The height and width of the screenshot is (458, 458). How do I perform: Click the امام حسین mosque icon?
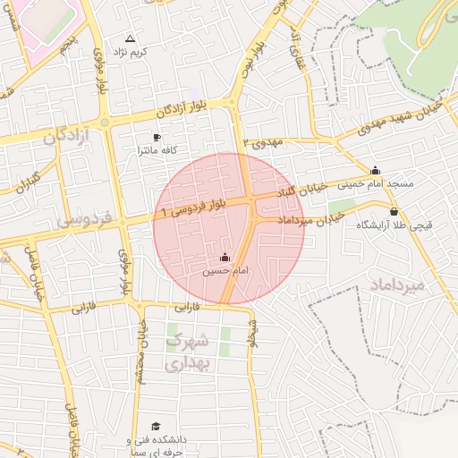[x=225, y=259]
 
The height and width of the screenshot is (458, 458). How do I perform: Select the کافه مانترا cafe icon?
[x=157, y=138]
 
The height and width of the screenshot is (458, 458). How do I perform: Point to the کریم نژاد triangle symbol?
[x=131, y=39]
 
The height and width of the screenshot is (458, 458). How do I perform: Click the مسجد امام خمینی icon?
[x=375, y=171]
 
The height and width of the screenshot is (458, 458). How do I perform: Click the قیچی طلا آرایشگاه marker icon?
[x=394, y=212]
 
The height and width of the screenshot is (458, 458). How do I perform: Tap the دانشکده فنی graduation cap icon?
[x=157, y=427]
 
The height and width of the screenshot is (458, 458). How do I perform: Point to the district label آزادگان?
[x=68, y=136]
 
